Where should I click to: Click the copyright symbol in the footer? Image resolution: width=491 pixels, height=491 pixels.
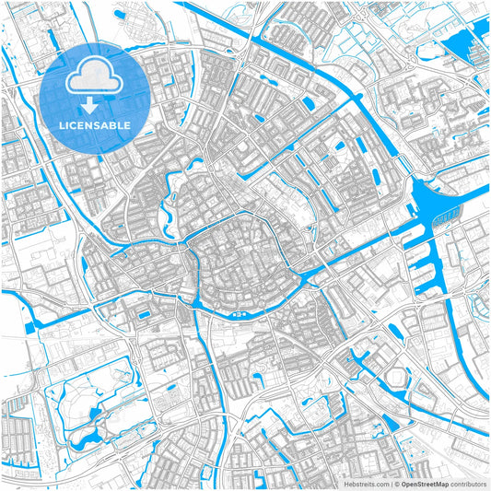click(397, 484)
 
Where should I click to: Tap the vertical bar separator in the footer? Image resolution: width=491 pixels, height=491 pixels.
click(391, 484)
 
